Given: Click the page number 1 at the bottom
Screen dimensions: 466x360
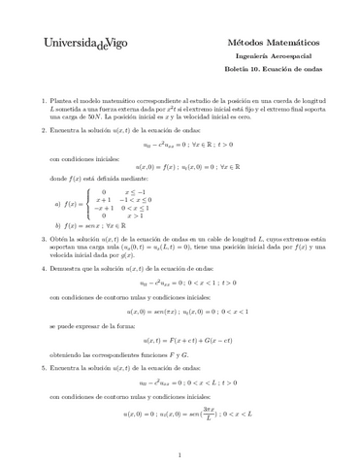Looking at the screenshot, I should click(180, 452).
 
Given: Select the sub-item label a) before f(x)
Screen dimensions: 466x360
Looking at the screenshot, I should click(58, 203).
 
